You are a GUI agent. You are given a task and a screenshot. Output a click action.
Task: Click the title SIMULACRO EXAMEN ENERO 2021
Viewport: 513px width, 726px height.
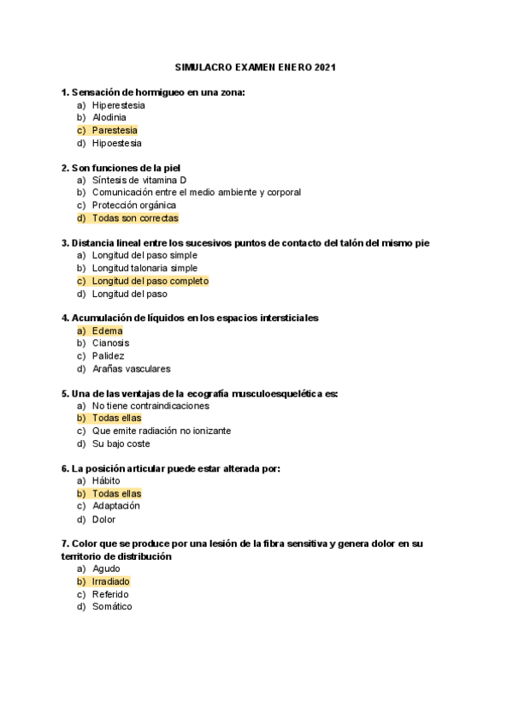tap(256, 67)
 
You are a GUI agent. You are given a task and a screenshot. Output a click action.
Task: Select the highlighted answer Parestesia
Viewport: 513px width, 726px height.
tap(115, 130)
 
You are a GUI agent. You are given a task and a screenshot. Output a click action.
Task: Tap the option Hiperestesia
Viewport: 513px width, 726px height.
tap(119, 105)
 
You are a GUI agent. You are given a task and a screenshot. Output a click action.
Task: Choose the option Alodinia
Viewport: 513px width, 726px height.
tap(109, 117)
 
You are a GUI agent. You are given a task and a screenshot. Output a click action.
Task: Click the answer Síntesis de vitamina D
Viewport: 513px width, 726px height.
tap(139, 180)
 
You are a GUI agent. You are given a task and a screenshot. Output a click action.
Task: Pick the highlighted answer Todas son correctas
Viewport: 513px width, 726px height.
tap(135, 218)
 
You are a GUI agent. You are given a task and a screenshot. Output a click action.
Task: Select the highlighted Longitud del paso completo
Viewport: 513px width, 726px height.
tap(150, 281)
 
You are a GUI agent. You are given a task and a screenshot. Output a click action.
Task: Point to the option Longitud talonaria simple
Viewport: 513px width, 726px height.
tap(144, 268)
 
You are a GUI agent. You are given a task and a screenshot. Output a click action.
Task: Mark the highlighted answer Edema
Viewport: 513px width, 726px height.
tap(108, 330)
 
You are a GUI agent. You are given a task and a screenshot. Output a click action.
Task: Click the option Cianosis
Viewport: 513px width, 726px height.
tap(111, 343)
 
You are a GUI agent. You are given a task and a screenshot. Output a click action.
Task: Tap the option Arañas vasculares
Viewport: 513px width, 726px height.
tap(132, 369)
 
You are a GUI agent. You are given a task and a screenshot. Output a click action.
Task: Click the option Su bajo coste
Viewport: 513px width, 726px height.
tap(121, 444)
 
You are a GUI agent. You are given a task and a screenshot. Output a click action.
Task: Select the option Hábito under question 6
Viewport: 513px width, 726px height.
tap(107, 481)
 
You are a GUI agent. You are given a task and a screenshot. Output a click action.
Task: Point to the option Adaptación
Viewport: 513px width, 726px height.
tap(116, 506)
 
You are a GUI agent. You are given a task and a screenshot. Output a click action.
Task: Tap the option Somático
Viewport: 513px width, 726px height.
tap(112, 607)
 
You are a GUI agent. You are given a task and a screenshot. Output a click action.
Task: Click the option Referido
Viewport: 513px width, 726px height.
tap(111, 594)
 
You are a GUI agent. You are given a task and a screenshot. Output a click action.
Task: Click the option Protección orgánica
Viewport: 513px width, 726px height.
tap(134, 205)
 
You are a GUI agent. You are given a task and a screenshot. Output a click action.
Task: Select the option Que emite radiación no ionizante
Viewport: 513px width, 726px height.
tap(162, 431)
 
